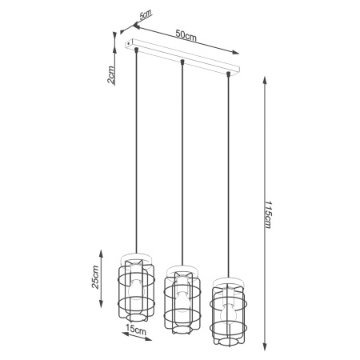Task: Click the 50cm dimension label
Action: pos(186,35)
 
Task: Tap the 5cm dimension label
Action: pos(145,15)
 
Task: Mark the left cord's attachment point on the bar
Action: pos(138,50)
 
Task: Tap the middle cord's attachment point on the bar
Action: pos(182,62)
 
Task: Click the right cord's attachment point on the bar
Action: pos(229,74)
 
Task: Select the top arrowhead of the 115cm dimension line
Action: pos(264,85)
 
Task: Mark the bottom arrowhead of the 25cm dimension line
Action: pos(101,307)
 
